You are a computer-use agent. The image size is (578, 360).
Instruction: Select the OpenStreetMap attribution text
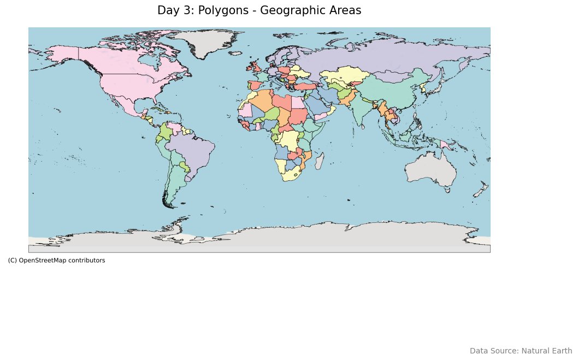(56, 261)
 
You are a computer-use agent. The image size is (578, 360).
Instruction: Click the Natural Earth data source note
(521, 351)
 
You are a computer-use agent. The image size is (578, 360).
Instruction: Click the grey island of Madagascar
(320, 161)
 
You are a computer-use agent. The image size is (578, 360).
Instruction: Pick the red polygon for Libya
(282, 103)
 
